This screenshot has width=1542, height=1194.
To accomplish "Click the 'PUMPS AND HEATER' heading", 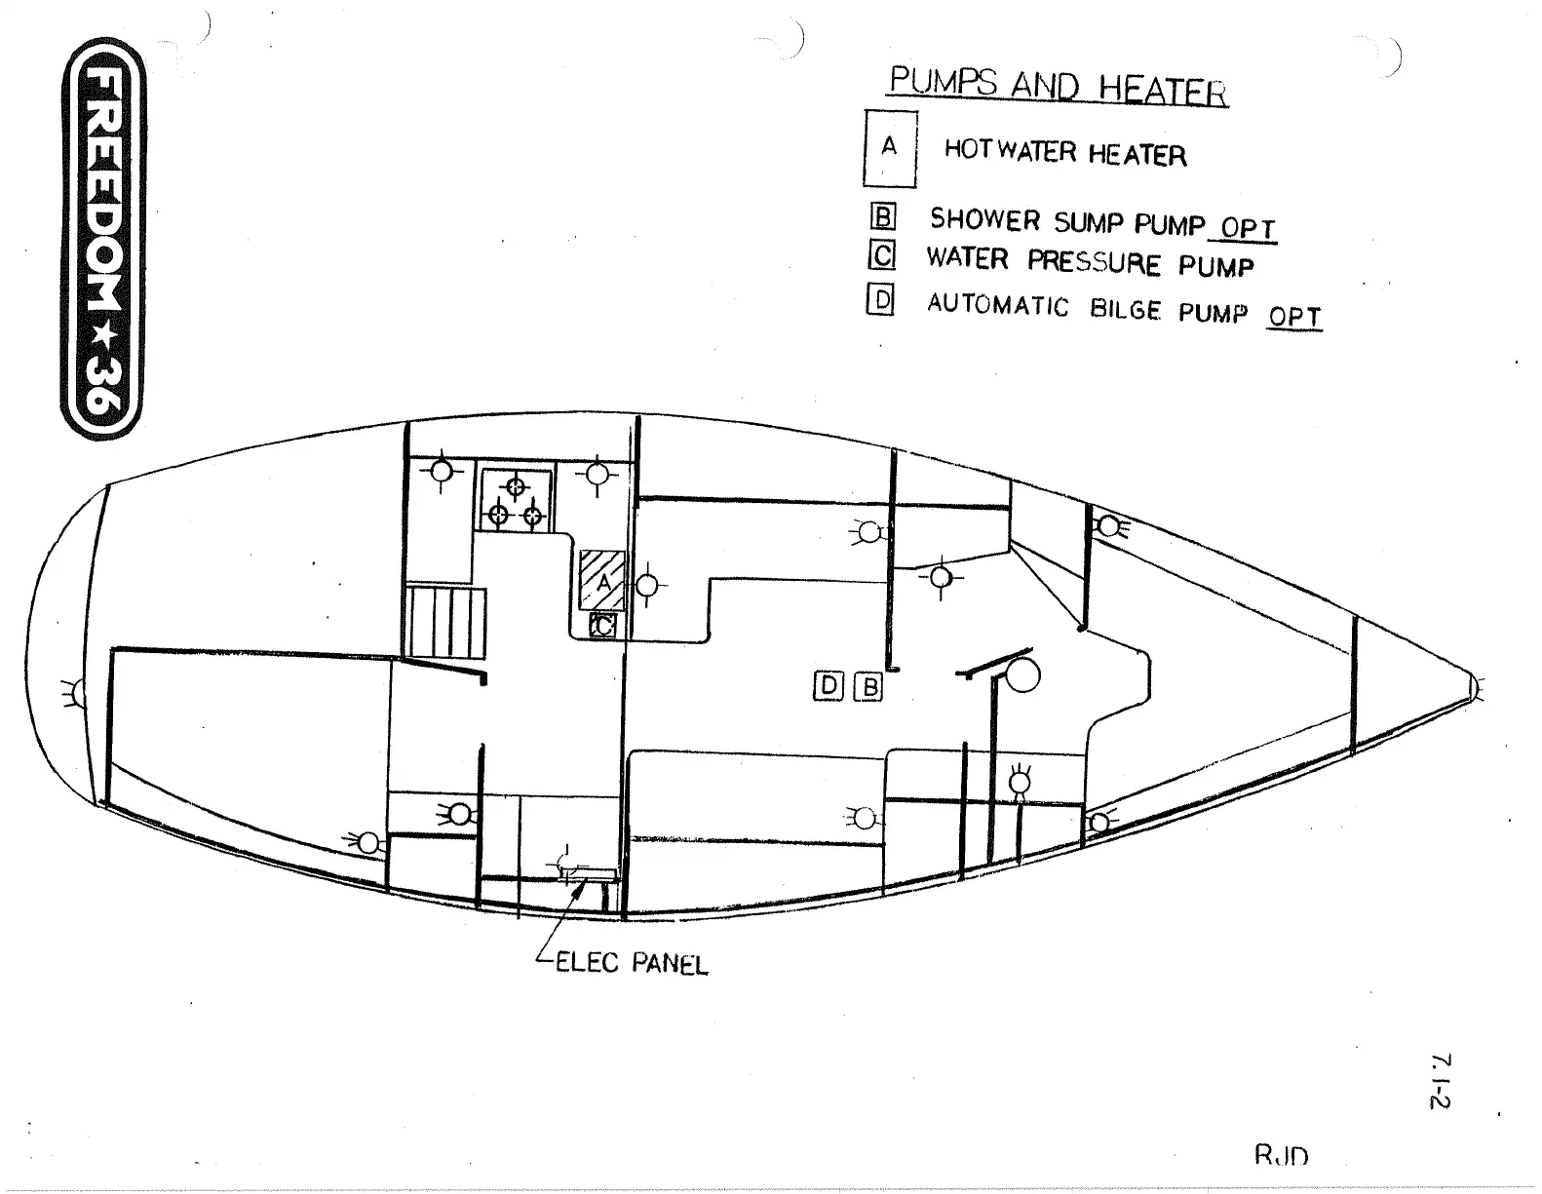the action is (x=1058, y=87).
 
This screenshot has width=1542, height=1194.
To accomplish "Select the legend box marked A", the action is (x=889, y=147).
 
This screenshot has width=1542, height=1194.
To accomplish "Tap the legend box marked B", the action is (x=882, y=217).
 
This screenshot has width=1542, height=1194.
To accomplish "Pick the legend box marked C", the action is (x=882, y=256).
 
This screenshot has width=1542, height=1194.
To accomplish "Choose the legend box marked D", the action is (x=880, y=301).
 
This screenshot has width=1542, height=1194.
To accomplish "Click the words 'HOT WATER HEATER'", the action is (x=1064, y=153).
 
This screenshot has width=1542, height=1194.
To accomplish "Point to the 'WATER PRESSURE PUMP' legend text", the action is (x=1089, y=262).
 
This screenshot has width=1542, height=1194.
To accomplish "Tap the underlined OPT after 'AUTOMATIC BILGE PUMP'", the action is (x=1294, y=318).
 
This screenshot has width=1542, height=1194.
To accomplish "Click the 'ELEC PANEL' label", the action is (x=631, y=964).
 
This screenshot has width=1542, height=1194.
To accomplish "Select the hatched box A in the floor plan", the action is (x=602, y=581).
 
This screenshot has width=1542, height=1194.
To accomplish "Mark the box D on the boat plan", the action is (x=829, y=686).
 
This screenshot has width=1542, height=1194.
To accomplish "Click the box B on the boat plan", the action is (x=867, y=687).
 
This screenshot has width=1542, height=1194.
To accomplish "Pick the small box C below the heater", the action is (x=603, y=626).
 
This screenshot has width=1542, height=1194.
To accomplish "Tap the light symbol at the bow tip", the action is (x=1478, y=688).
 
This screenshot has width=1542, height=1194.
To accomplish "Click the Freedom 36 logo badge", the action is (x=101, y=239).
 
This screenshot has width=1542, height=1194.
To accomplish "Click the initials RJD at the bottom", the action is (x=1281, y=1156).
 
